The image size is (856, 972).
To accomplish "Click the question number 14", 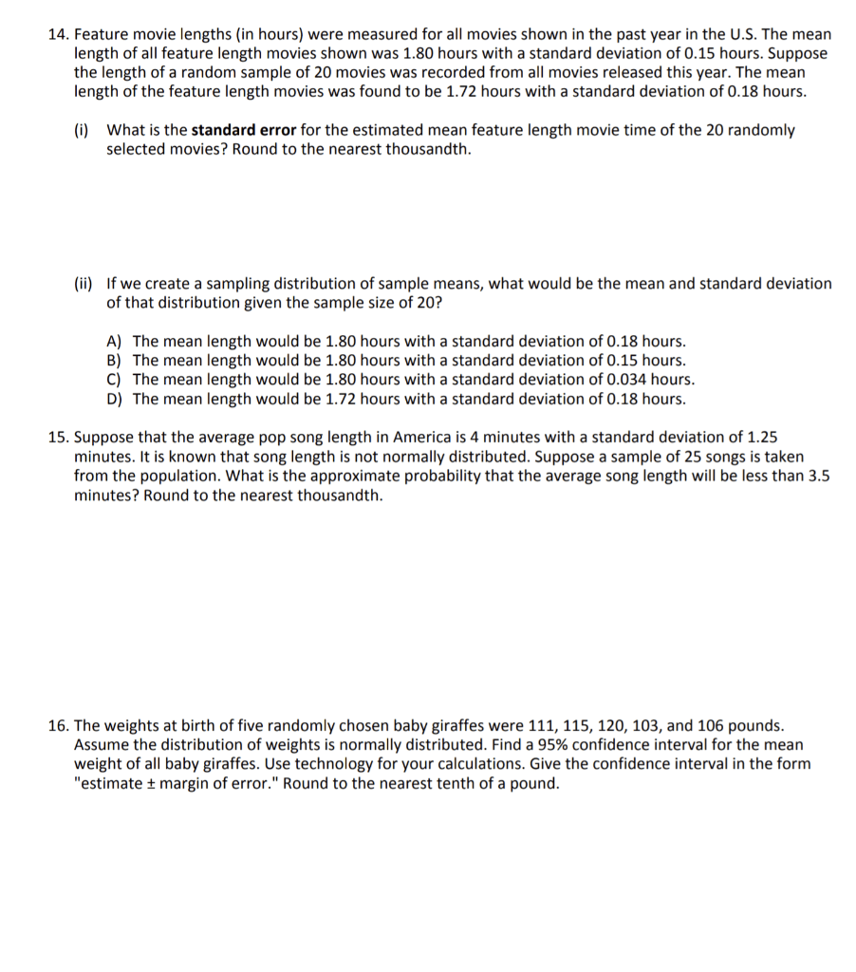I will point(59,34).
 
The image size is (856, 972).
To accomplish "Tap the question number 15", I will point(59,438).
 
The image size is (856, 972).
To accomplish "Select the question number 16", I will point(59,725).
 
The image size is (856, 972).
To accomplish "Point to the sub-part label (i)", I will point(82,130).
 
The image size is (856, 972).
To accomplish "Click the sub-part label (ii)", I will point(84,283).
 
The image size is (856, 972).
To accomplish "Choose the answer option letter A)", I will point(115,341).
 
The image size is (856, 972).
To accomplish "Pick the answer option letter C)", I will point(115,380).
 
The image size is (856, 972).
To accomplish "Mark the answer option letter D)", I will point(115,399).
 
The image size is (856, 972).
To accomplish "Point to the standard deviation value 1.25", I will point(762,438).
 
